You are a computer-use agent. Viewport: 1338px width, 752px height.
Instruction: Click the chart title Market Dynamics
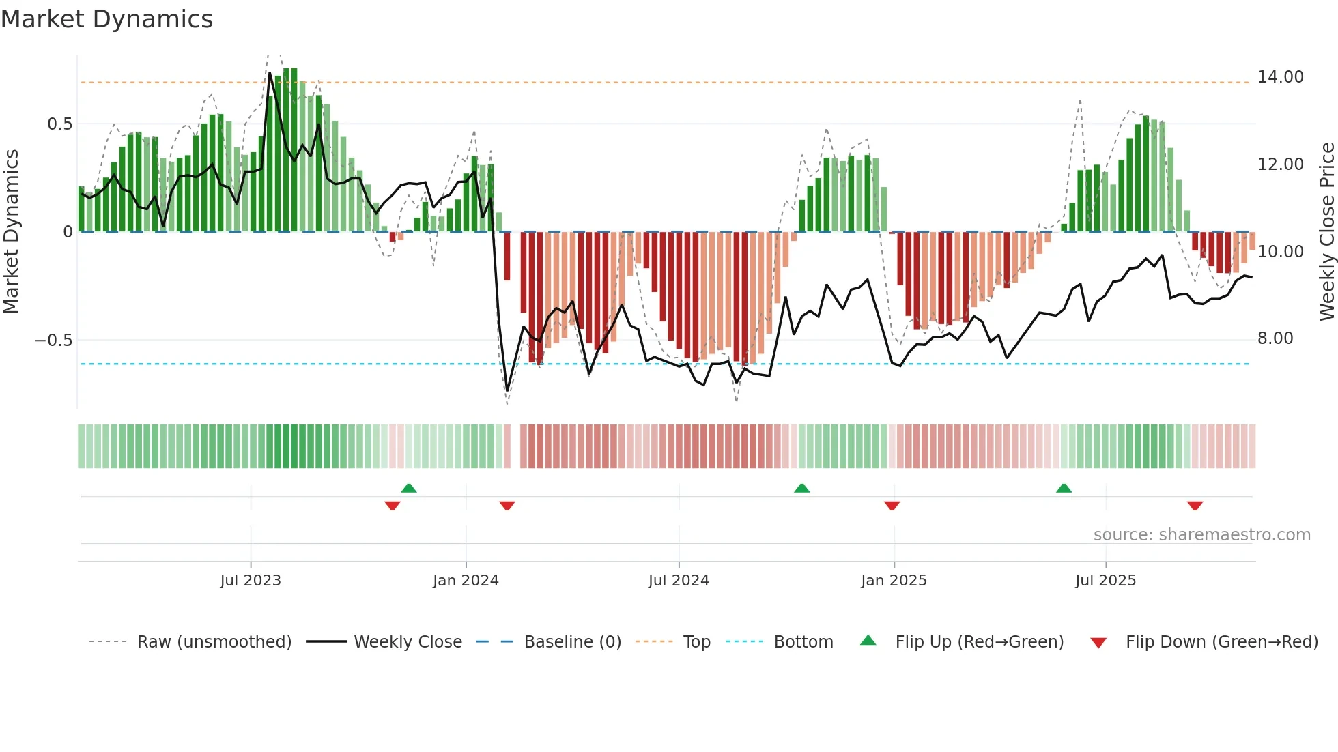107,19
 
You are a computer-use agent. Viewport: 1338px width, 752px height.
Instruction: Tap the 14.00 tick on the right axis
1280,77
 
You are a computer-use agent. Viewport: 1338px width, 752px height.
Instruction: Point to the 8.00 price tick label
1275,338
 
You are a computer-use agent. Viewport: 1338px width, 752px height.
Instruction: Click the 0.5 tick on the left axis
59,124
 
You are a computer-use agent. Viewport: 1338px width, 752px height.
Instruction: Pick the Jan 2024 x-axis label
466,580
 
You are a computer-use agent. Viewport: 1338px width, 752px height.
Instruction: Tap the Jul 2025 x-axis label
1105,580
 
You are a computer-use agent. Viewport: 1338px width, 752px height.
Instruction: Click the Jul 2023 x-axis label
251,580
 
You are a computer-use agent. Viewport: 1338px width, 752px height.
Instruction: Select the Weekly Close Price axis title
1326,231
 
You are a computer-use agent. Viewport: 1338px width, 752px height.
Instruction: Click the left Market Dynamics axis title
11,231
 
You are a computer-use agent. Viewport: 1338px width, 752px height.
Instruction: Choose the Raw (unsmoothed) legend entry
214,641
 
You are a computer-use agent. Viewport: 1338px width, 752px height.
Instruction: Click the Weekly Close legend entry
408,641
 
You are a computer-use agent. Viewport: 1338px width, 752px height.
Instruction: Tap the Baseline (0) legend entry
572,641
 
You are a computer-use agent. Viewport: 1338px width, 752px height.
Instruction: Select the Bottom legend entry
803,641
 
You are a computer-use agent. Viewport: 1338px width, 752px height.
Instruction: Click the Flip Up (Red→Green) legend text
979,641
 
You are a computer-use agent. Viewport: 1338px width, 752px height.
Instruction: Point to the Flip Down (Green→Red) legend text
1221,641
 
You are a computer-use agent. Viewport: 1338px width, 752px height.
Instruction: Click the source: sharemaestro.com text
1201,534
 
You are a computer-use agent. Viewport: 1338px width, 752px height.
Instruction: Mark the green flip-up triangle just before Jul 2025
1064,488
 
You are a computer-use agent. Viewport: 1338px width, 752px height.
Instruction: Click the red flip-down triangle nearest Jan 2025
892,506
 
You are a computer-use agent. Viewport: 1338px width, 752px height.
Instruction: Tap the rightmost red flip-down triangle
1194,506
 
